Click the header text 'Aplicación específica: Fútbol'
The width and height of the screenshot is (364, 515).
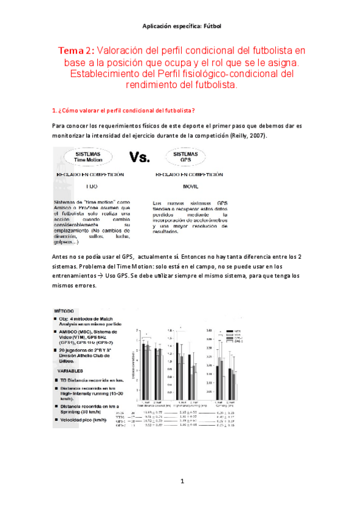coord(182,26)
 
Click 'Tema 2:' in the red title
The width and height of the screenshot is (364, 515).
coord(76,50)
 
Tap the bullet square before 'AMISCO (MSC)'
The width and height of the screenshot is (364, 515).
coord(55,332)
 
